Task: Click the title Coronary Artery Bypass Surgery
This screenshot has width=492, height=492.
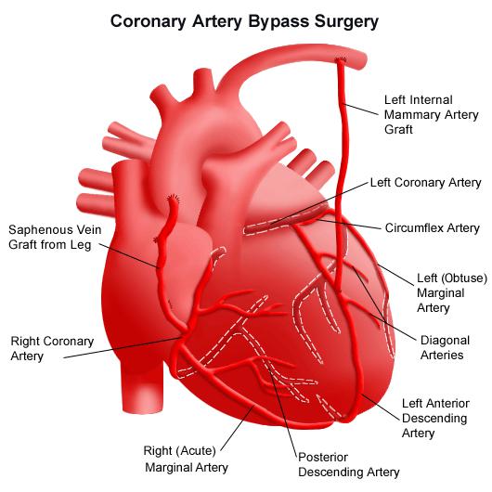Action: tap(244, 21)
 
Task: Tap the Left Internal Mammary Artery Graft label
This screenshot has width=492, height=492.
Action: tap(431, 114)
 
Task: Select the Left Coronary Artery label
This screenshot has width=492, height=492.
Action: tap(425, 182)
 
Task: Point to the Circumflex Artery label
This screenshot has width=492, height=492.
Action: tap(432, 227)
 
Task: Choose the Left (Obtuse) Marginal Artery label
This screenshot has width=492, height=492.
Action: tap(452, 292)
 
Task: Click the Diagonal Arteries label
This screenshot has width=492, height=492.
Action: tap(445, 347)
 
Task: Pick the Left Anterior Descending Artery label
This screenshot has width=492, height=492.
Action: tap(435, 418)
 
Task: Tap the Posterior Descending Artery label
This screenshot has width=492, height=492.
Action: tap(349, 465)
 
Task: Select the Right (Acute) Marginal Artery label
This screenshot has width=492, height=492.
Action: tap(186, 459)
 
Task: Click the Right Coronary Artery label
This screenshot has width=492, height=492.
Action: tap(52, 348)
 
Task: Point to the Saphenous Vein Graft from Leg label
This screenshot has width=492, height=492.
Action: tap(55, 237)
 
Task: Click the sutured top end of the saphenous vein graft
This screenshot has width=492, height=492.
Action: tap(173, 200)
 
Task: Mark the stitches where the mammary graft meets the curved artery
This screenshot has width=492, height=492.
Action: tap(340, 59)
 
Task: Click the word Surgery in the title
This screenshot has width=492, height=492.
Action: tap(347, 22)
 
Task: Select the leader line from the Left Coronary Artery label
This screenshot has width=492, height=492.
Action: tap(319, 202)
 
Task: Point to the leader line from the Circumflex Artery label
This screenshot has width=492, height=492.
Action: tap(350, 224)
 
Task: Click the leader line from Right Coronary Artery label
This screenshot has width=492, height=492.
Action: tap(123, 348)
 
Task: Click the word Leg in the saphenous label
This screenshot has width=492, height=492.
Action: tap(81, 245)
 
